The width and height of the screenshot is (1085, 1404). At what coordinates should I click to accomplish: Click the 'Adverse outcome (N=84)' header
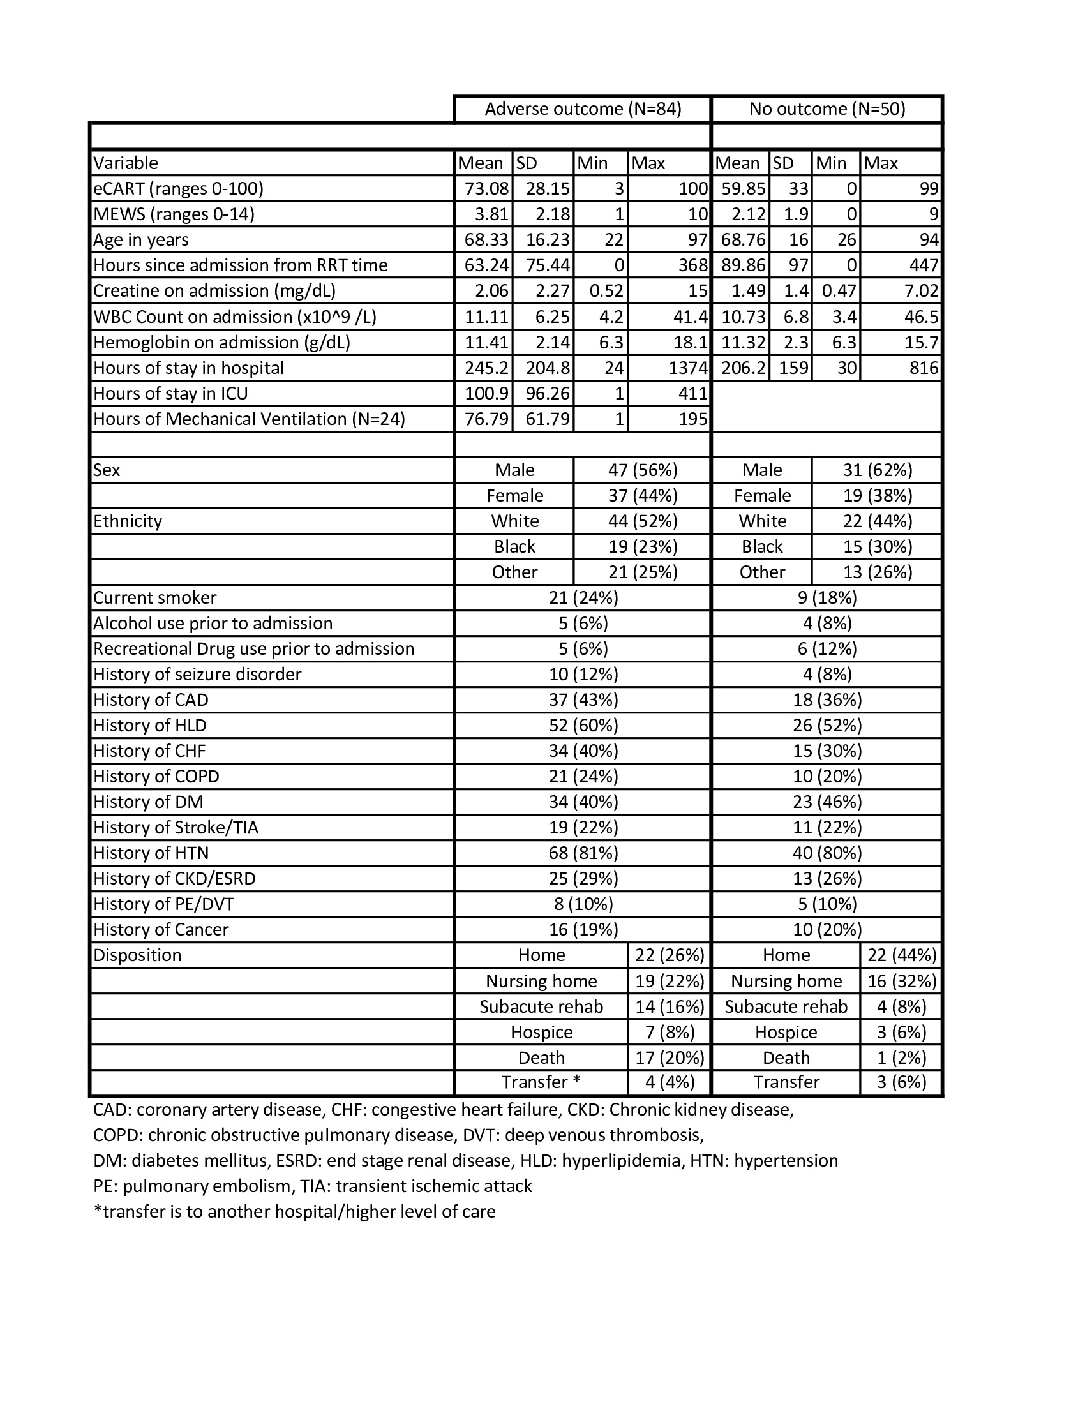pyautogui.click(x=582, y=109)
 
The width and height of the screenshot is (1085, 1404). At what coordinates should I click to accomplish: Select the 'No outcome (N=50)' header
pyautogui.click(x=827, y=109)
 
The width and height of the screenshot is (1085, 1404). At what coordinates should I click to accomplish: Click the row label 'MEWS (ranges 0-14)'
pyautogui.click(x=174, y=214)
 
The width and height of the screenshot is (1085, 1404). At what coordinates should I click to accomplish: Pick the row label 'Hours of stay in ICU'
pyautogui.click(x=170, y=393)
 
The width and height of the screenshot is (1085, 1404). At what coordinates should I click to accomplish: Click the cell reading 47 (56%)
pyautogui.click(x=643, y=470)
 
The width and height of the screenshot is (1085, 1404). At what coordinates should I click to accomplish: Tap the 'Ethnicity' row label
pyautogui.click(x=127, y=521)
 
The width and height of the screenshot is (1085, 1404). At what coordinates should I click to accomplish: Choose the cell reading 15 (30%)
pyautogui.click(x=878, y=546)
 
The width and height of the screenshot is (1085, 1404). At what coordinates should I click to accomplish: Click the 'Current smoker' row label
pyautogui.click(x=155, y=598)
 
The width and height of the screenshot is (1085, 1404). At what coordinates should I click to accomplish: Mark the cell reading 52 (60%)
pyautogui.click(x=583, y=725)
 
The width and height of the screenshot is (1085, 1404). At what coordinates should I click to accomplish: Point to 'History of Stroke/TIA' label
pyautogui.click(x=176, y=827)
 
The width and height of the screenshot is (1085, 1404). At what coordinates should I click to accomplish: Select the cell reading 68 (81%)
pyautogui.click(x=583, y=853)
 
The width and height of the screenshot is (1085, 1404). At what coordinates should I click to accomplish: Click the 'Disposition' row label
pyautogui.click(x=137, y=955)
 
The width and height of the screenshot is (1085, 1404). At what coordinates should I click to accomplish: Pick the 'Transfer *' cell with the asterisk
pyautogui.click(x=541, y=1082)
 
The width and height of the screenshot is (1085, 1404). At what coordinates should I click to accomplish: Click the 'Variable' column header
pyautogui.click(x=125, y=163)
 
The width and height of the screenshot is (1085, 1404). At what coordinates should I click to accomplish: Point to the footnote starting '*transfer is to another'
pyautogui.click(x=294, y=1212)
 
